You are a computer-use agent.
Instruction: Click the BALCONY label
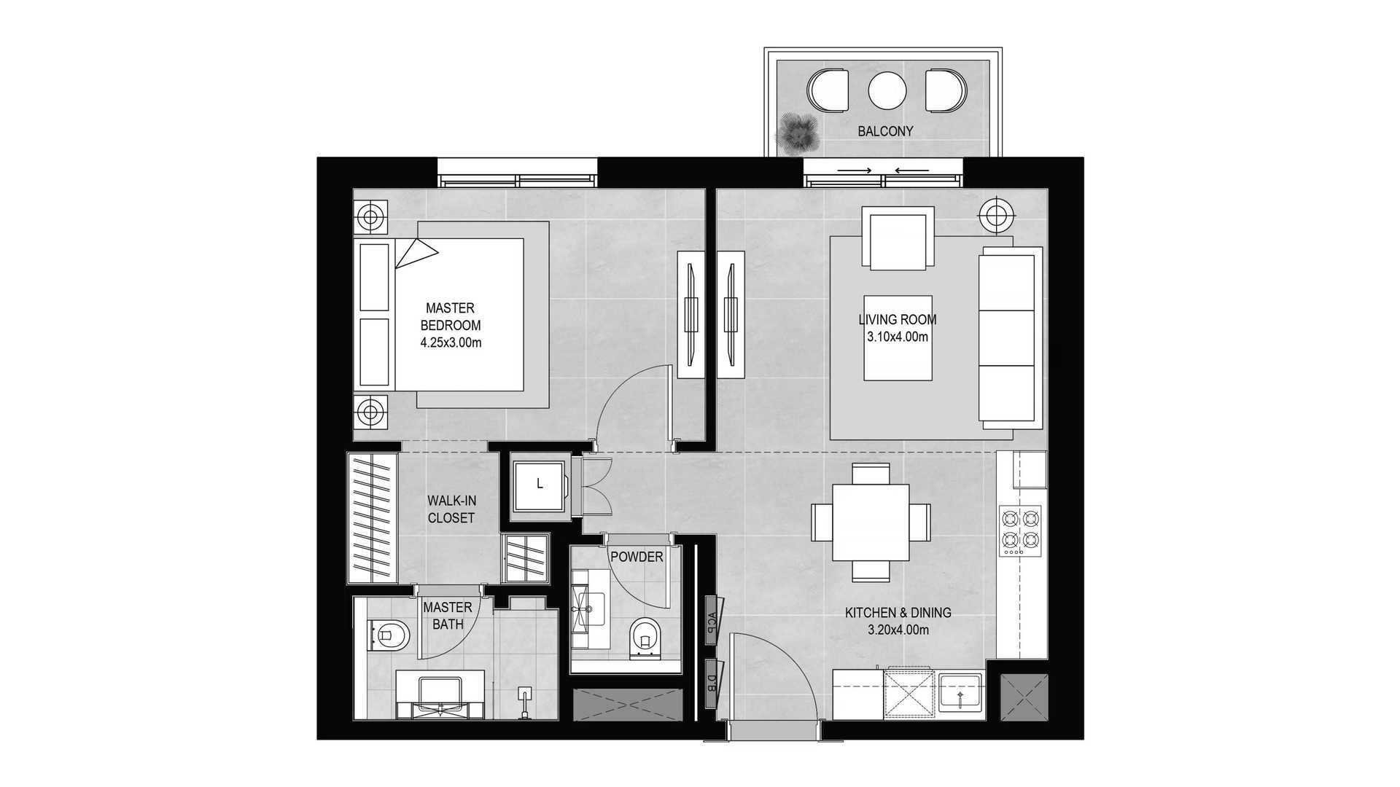pos(885,131)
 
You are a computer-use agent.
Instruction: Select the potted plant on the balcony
pos(797,133)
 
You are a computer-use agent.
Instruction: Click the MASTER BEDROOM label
pos(451,317)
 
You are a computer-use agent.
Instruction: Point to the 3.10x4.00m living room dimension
pos(898,337)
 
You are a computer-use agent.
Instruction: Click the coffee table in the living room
pos(898,337)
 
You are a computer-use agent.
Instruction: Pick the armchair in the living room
pos(898,238)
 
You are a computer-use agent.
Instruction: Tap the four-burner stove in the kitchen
pos(1020,530)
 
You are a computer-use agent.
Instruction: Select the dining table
pos(871,522)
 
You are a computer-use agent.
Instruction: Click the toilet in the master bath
pos(390,636)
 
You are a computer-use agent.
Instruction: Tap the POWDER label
pos(637,557)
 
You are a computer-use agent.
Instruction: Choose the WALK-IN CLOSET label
pos(451,509)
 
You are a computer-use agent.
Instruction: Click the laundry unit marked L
pos(540,487)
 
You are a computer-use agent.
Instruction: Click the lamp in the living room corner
pos(996,214)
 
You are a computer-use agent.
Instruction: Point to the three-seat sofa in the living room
pos(1009,337)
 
